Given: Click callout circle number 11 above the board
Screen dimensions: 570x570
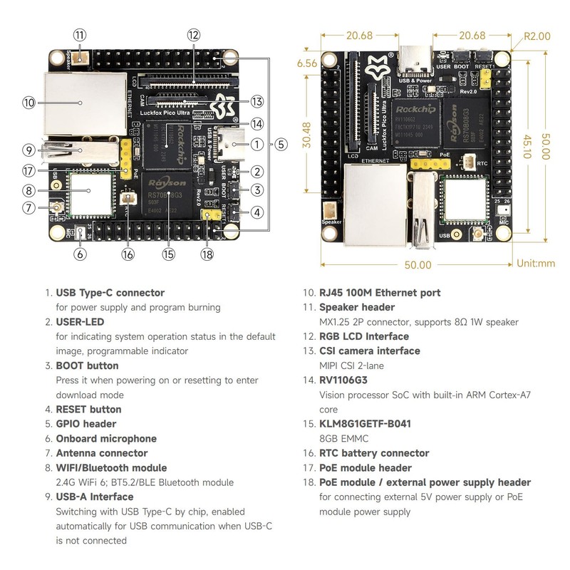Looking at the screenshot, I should pos(79,34).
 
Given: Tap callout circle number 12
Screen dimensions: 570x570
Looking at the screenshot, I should pos(194,34).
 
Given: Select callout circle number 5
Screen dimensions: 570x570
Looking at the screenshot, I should pos(281,144).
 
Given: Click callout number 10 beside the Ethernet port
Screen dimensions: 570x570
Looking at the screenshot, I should pos(28,103).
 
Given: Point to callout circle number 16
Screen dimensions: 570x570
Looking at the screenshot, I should pos(128,254).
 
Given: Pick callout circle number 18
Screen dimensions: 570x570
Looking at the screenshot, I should pos(207,254).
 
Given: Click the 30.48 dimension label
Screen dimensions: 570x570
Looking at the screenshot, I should pos(305,135).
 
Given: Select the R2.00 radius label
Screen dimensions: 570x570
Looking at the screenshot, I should pos(537,36).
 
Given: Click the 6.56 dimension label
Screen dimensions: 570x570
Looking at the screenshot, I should pos(307,63).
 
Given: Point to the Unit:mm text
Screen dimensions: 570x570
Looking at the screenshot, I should pos(537,263).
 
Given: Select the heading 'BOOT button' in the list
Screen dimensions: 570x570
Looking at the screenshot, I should pos(87,366).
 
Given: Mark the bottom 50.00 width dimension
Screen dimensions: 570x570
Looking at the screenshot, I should pos(418,264).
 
